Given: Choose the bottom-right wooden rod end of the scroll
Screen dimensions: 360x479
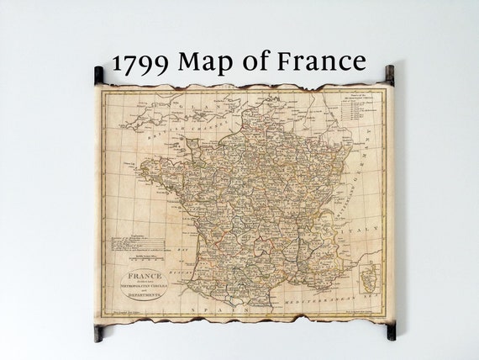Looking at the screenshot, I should pos(390,330).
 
